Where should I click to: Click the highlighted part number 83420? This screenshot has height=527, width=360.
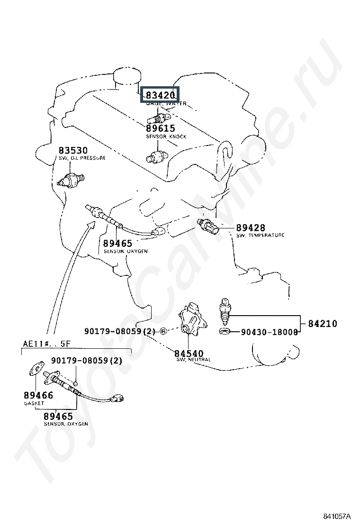click(x=161, y=95)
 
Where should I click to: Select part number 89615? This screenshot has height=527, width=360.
click(x=160, y=128)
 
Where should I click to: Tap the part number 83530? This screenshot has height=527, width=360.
click(x=73, y=151)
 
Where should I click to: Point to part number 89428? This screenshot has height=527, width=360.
click(x=251, y=228)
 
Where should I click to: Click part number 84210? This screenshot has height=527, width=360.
click(x=323, y=324)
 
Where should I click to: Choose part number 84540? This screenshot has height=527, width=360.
click(x=189, y=354)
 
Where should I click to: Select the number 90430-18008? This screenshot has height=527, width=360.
click(x=269, y=332)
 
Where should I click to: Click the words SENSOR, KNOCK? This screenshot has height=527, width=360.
click(x=166, y=136)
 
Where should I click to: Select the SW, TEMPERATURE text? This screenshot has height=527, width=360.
click(x=260, y=235)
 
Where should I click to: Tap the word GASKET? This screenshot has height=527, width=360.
click(x=34, y=403)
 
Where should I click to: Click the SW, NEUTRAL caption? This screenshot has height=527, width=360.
click(x=193, y=360)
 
